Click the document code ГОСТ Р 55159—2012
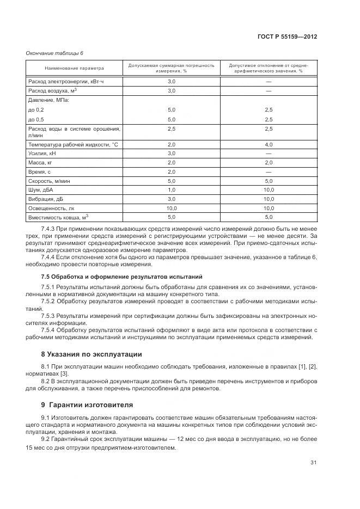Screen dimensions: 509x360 (288, 37)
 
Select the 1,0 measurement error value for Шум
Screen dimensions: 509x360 (171, 189)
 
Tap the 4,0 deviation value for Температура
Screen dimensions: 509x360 (268, 144)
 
